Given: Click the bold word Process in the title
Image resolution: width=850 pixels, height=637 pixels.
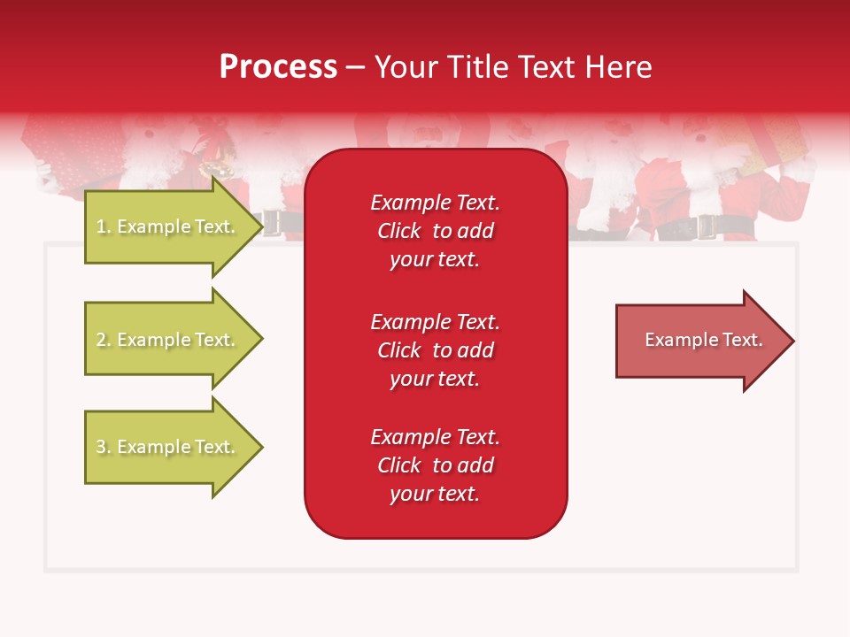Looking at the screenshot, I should tap(278, 67).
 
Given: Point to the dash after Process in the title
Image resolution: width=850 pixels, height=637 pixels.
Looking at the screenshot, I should tap(355, 68).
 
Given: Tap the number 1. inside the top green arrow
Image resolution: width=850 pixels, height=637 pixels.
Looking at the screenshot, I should tap(104, 226).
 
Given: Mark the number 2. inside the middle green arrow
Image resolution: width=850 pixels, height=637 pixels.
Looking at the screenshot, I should tap(104, 340).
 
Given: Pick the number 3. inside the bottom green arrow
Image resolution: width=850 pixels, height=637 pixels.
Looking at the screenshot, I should tap(104, 447).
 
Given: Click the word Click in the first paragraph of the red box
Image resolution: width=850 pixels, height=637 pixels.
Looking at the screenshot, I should tap(399, 231).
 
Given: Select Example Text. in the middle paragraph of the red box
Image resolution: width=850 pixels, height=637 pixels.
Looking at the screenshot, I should tap(435, 321).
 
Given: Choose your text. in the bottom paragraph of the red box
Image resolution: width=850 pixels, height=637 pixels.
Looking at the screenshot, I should tap(435, 494).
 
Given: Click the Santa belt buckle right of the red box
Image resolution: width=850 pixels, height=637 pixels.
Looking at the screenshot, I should tap(707, 227).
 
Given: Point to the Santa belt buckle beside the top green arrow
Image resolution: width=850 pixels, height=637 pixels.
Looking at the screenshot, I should tap(271, 223).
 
